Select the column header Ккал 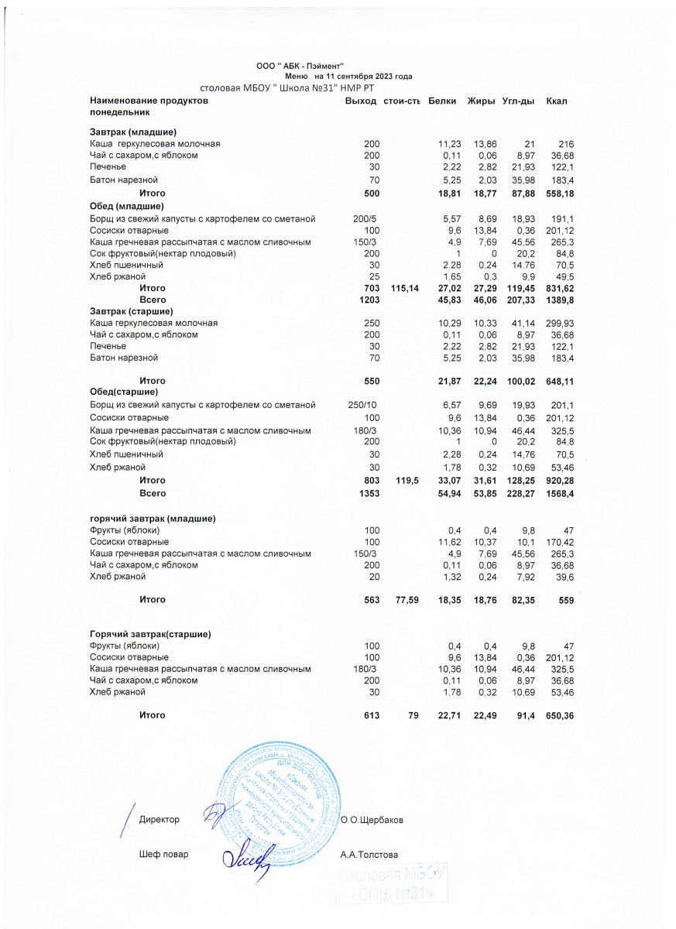pyautogui.click(x=558, y=101)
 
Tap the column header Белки pyautogui.click(x=441, y=101)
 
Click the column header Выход pyautogui.click(x=361, y=101)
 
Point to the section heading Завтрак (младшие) pyautogui.click(x=134, y=132)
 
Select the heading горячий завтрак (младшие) pyautogui.click(x=153, y=518)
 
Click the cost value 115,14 pyautogui.click(x=405, y=288)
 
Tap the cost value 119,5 pyautogui.click(x=407, y=481)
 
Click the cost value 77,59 pyautogui.click(x=405, y=599)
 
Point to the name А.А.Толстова pyautogui.click(x=369, y=855)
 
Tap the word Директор pyautogui.click(x=160, y=819)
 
